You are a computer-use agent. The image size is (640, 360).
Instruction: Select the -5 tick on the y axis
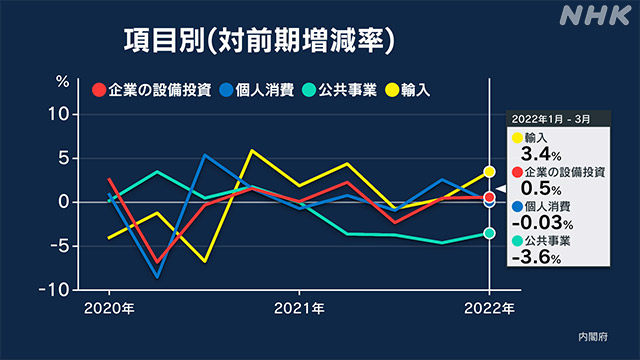click(x=59, y=245)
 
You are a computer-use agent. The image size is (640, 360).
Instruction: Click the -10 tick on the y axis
click(x=56, y=289)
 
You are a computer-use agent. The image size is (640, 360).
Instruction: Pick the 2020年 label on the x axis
click(x=110, y=309)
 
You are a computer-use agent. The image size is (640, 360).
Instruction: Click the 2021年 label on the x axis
click(x=298, y=309)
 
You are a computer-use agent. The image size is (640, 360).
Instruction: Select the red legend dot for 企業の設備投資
click(x=99, y=90)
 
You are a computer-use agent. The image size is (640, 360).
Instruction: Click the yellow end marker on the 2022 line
click(x=489, y=172)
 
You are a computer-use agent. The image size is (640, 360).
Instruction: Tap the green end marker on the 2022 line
click(x=489, y=233)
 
